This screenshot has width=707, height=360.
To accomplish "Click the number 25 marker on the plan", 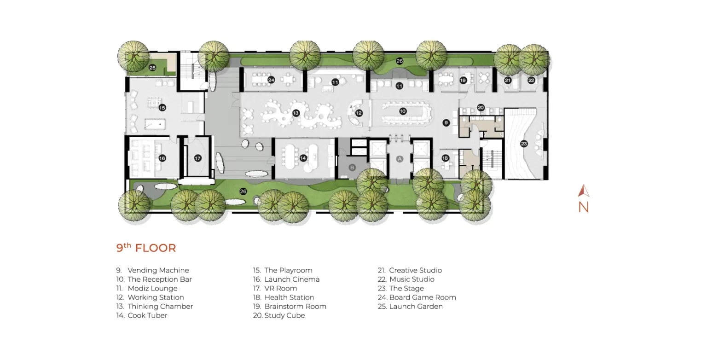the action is click(152, 68).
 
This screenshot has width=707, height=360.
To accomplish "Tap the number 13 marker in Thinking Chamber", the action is click(296, 113).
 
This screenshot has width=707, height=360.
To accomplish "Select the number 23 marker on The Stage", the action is click(524, 144).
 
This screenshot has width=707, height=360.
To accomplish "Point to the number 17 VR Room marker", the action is click(197, 158).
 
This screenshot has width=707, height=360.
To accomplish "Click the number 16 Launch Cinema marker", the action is click(162, 158).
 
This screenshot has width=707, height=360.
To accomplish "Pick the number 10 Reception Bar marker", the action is click(403, 111).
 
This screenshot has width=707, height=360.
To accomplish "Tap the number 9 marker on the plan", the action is click(446, 122).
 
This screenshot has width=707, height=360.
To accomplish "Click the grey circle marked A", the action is click(400, 159).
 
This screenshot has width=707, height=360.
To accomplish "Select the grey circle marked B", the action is click(352, 168).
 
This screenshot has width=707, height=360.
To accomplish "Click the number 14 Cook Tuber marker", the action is click(303, 158).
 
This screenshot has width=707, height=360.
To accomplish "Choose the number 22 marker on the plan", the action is click(531, 80).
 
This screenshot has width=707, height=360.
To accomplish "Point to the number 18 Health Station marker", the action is click(446, 158).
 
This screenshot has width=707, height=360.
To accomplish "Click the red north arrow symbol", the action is click(584, 191).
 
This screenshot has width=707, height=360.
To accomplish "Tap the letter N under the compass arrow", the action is click(584, 207).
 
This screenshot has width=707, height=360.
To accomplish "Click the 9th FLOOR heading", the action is click(146, 248).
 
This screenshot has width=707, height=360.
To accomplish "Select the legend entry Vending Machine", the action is click(158, 270).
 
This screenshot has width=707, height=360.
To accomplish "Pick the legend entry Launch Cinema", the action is click(292, 279).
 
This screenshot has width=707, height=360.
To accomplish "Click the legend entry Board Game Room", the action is click(423, 297).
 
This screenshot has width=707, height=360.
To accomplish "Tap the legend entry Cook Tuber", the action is click(147, 315).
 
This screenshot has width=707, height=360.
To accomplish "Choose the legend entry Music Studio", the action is click(412, 279).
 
